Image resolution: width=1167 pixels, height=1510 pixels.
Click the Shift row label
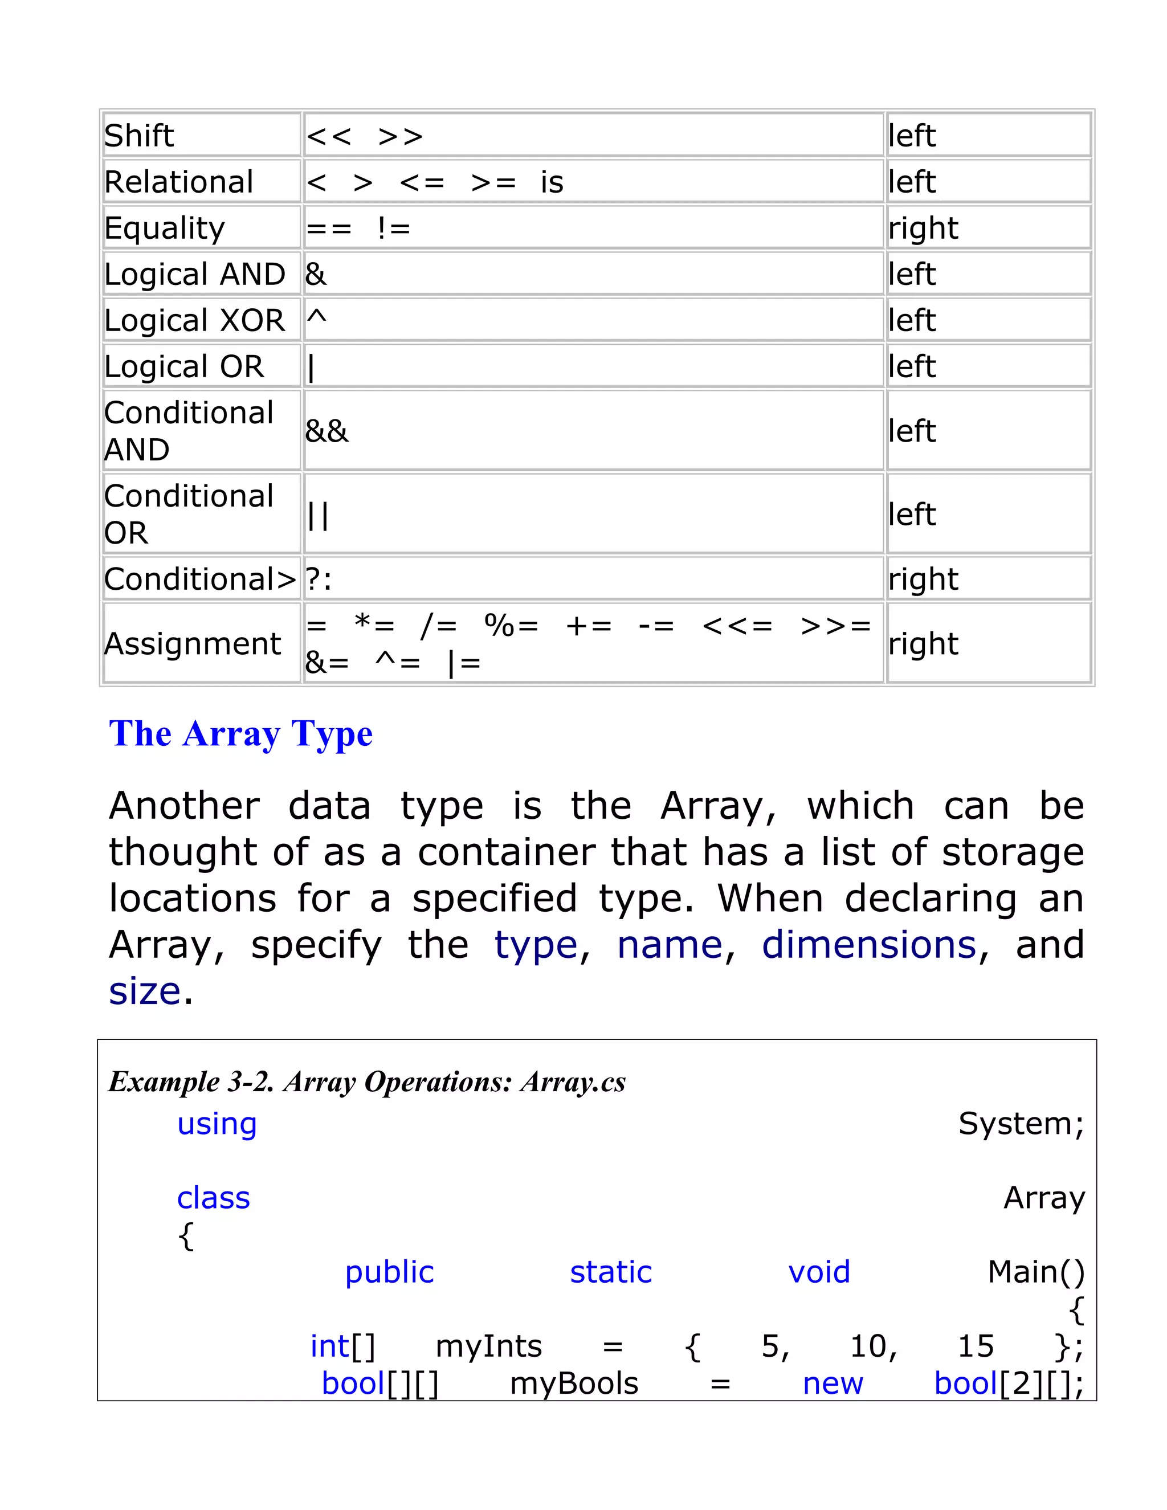139,136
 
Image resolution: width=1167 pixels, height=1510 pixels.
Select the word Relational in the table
179,182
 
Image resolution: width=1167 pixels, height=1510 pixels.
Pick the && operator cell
327,431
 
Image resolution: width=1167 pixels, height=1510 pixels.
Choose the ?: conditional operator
319,579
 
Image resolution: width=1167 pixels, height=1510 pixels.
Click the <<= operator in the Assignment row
737,626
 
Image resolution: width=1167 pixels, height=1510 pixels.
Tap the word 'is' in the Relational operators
552,182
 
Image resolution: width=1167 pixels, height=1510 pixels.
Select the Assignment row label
192,644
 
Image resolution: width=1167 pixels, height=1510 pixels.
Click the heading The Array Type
240,733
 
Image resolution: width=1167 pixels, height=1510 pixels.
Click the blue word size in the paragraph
145,991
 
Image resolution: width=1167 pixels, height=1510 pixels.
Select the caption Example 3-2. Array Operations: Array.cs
367,1082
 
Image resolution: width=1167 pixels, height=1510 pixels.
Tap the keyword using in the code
217,1124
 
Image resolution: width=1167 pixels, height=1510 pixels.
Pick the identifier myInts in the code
489,1346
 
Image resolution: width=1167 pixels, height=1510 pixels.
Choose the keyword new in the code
833,1384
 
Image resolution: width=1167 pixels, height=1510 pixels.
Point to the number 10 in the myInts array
872,1346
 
